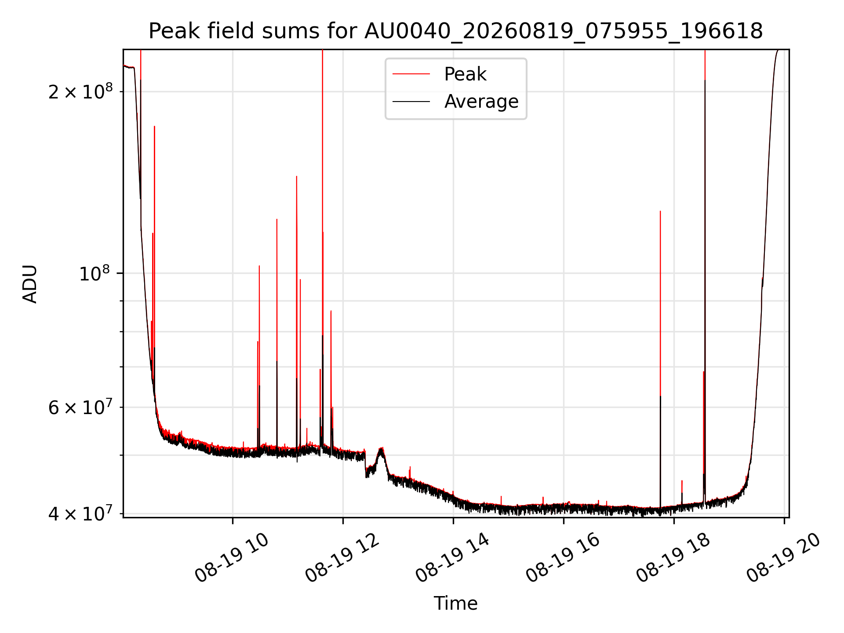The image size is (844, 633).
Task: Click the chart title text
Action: pyautogui.click(x=455, y=31)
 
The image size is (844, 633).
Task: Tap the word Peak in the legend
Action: pyautogui.click(x=465, y=74)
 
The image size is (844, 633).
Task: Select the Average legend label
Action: pyautogui.click(x=481, y=102)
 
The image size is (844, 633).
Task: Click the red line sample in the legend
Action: pyautogui.click(x=411, y=74)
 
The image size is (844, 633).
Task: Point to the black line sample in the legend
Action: pyautogui.click(x=411, y=102)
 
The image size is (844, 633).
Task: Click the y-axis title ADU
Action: pyautogui.click(x=30, y=284)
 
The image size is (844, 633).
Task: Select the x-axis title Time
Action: pyautogui.click(x=455, y=604)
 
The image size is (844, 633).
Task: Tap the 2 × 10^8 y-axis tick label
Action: pyautogui.click(x=80, y=91)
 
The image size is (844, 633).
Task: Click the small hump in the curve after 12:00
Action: pyautogui.click(x=381, y=449)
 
